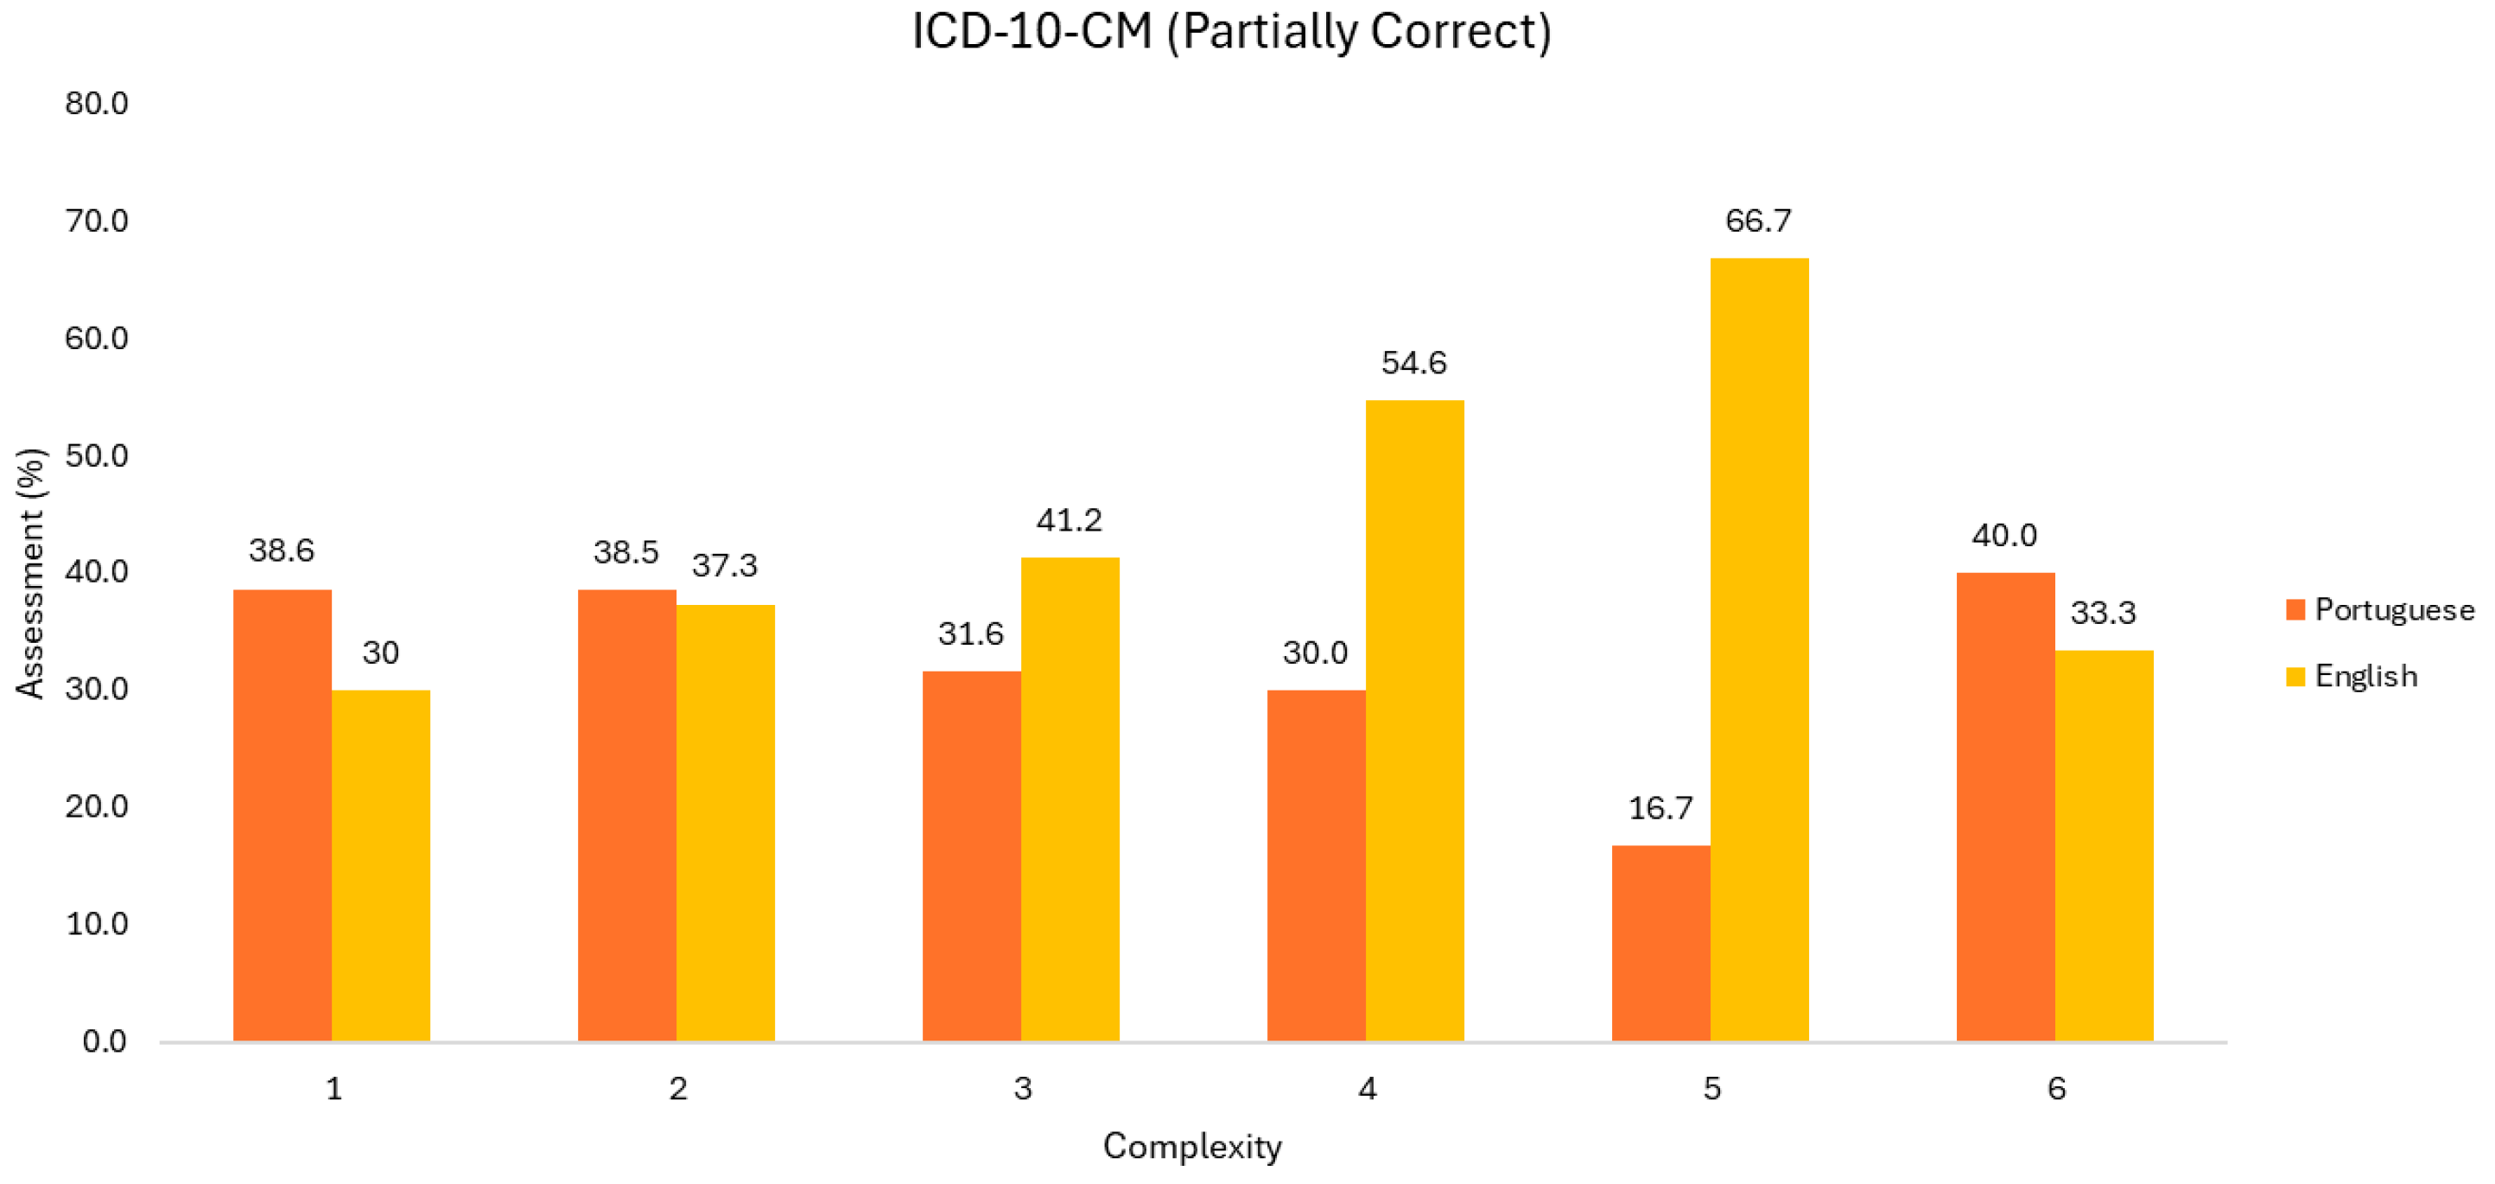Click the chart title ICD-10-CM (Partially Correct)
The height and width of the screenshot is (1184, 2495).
[1231, 31]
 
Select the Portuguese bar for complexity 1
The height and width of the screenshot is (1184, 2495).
[282, 815]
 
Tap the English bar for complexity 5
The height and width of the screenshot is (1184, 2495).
[1759, 649]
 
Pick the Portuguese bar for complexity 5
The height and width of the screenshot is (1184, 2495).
[1660, 943]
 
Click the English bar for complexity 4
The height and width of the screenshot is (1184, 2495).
[1414, 720]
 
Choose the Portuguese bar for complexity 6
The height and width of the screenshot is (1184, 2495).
[2005, 806]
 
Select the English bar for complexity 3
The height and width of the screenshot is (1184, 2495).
[1070, 799]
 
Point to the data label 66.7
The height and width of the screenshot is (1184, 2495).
[1758, 221]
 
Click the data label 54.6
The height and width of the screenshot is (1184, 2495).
[1413, 363]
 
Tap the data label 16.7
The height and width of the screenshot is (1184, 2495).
[1660, 808]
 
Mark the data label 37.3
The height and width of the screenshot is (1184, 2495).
[725, 566]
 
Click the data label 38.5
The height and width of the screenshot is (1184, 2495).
[625, 552]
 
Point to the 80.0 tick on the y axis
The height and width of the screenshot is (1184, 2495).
[96, 104]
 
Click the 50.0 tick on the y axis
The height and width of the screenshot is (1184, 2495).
[96, 455]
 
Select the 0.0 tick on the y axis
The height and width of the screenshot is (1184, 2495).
[104, 1041]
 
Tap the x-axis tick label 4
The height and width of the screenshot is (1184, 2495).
[1367, 1089]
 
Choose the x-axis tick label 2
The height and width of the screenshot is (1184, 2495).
[678, 1089]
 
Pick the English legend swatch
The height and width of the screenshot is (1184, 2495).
[2295, 677]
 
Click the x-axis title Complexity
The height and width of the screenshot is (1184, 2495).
[1191, 1146]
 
